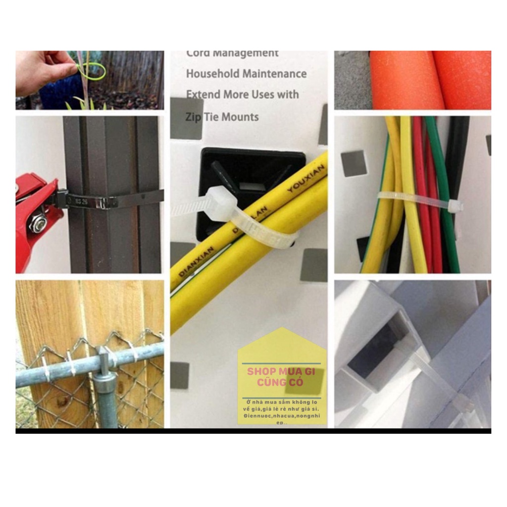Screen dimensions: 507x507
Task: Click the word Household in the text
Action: (211, 74)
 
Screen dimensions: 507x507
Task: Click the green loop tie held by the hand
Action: (94, 71)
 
